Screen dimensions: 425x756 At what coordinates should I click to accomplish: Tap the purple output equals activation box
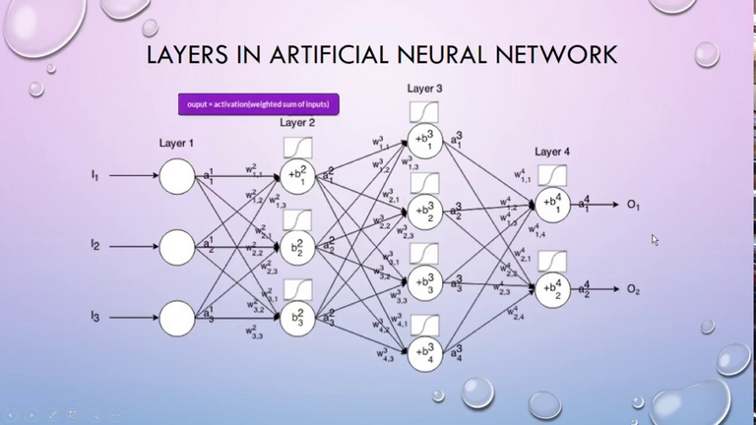click(x=259, y=103)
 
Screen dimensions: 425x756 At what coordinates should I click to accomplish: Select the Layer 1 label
click(x=176, y=144)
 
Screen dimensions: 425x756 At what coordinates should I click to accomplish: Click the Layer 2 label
click(x=297, y=123)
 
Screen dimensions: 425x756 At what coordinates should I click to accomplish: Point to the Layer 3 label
click(x=424, y=90)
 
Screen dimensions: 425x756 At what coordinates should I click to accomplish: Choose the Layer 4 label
click(x=552, y=152)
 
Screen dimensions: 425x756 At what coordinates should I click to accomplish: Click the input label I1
click(x=95, y=176)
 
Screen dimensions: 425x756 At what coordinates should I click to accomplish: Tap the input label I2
click(x=95, y=244)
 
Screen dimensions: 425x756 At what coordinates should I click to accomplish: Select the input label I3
click(x=95, y=316)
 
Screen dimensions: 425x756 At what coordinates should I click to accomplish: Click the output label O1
click(x=633, y=206)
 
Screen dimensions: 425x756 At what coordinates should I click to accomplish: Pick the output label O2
click(x=633, y=289)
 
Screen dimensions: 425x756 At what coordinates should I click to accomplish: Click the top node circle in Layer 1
click(x=177, y=177)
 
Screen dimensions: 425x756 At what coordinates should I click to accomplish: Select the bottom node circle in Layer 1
click(x=177, y=317)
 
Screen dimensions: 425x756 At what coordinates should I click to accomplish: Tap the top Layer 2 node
click(x=297, y=176)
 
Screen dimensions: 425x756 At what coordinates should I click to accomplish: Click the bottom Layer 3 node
click(x=425, y=352)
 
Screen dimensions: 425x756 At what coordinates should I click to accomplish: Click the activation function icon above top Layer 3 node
click(x=424, y=111)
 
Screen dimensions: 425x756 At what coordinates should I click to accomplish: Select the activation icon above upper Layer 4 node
click(x=552, y=176)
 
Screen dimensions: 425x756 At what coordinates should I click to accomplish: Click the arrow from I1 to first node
click(x=133, y=177)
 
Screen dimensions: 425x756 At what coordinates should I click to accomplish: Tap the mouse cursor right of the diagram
click(x=655, y=239)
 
